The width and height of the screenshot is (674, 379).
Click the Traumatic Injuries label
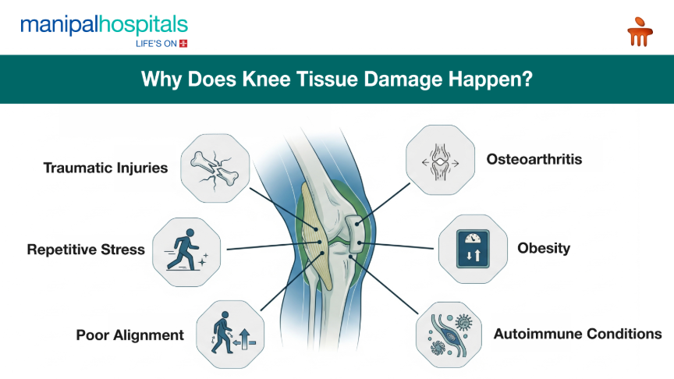coord(105,168)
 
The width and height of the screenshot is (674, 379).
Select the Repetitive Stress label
coord(86,250)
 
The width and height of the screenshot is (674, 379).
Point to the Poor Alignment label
coord(130,335)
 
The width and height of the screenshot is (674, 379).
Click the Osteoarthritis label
coord(534,160)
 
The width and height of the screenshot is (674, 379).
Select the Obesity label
coord(544,249)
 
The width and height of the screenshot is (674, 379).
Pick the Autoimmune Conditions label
coord(577,334)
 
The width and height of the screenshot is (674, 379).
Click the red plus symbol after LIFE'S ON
coord(183,44)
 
